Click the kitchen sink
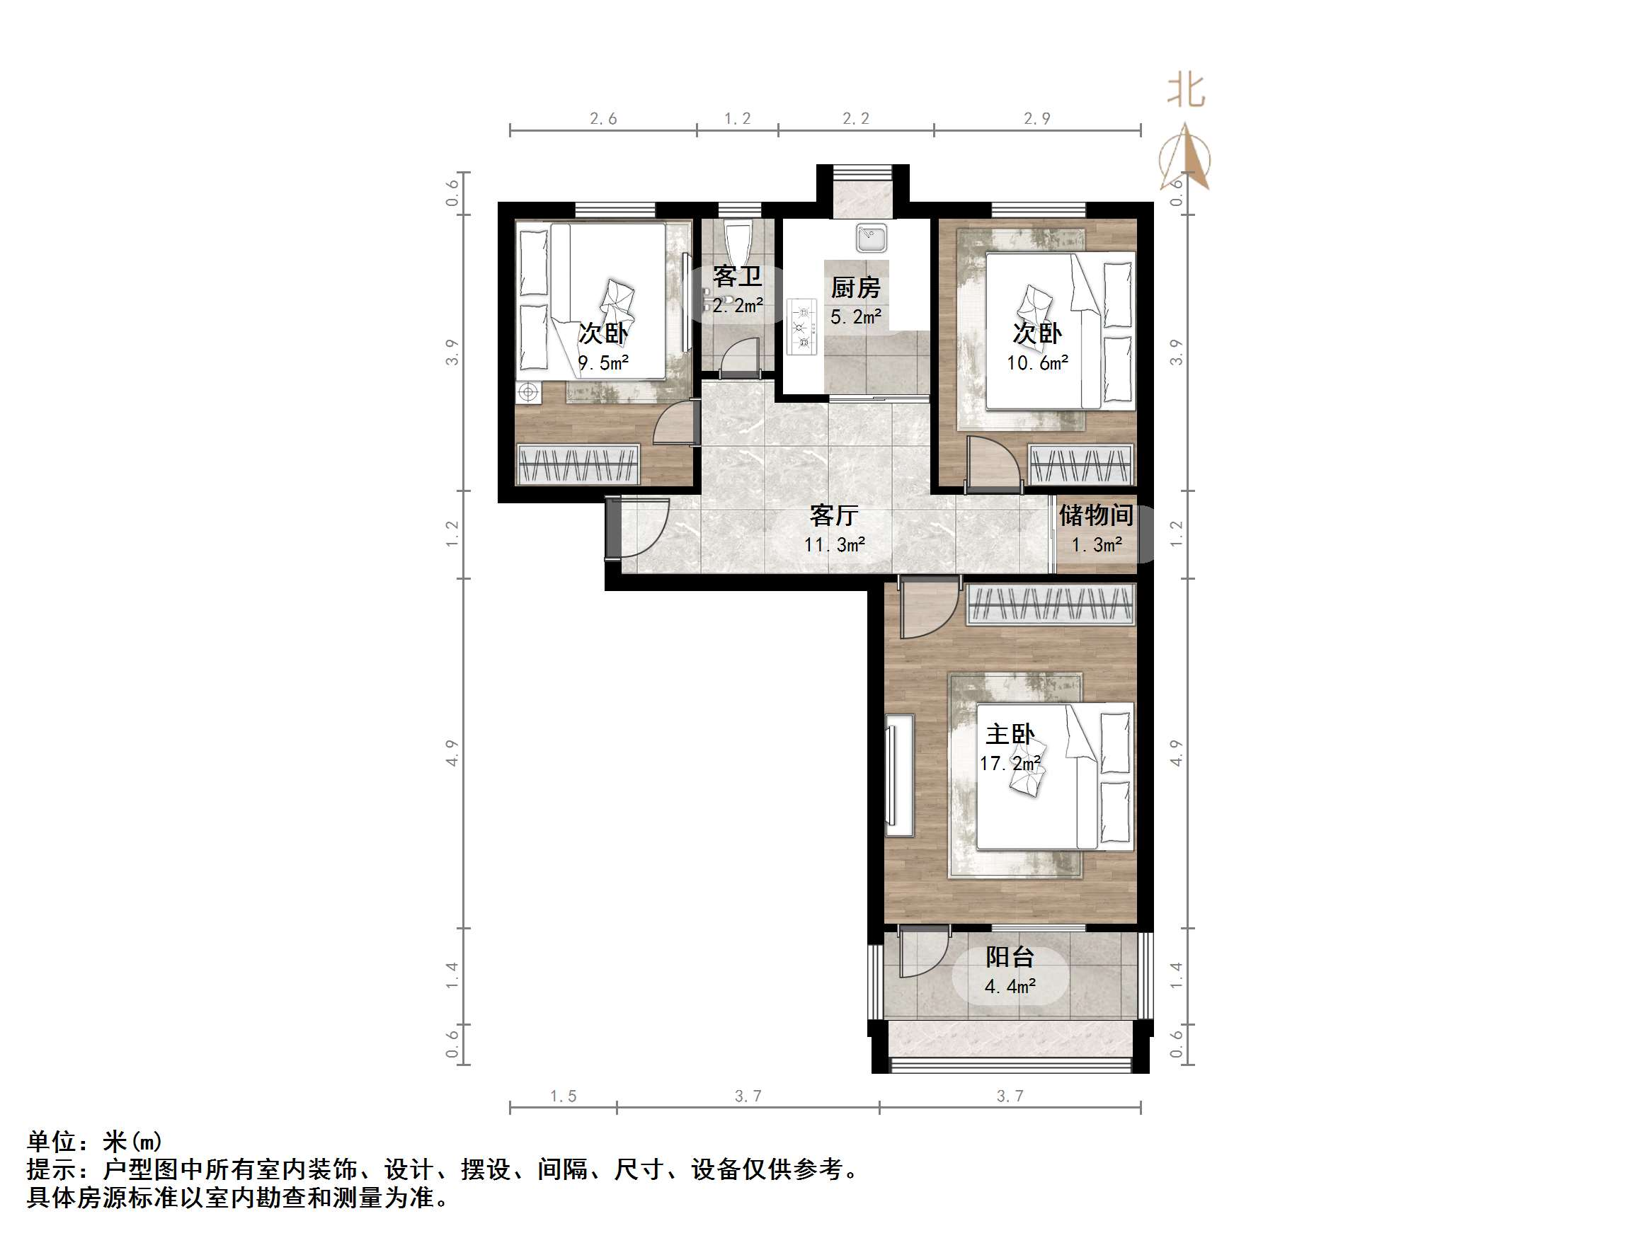(x=871, y=238)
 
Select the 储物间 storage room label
(x=1096, y=515)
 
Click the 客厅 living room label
(x=834, y=515)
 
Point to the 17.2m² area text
(x=1010, y=763)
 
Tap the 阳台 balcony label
(x=1009, y=957)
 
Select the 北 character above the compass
(x=1186, y=91)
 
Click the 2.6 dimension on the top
(x=603, y=119)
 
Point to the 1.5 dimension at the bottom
(x=563, y=1096)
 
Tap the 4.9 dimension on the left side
(x=452, y=752)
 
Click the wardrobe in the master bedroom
(x=1051, y=604)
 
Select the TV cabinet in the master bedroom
(x=900, y=774)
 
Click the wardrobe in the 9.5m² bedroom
(x=578, y=465)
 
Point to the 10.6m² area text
(x=1036, y=363)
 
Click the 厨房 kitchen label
(x=855, y=287)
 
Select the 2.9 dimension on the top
(x=1036, y=119)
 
